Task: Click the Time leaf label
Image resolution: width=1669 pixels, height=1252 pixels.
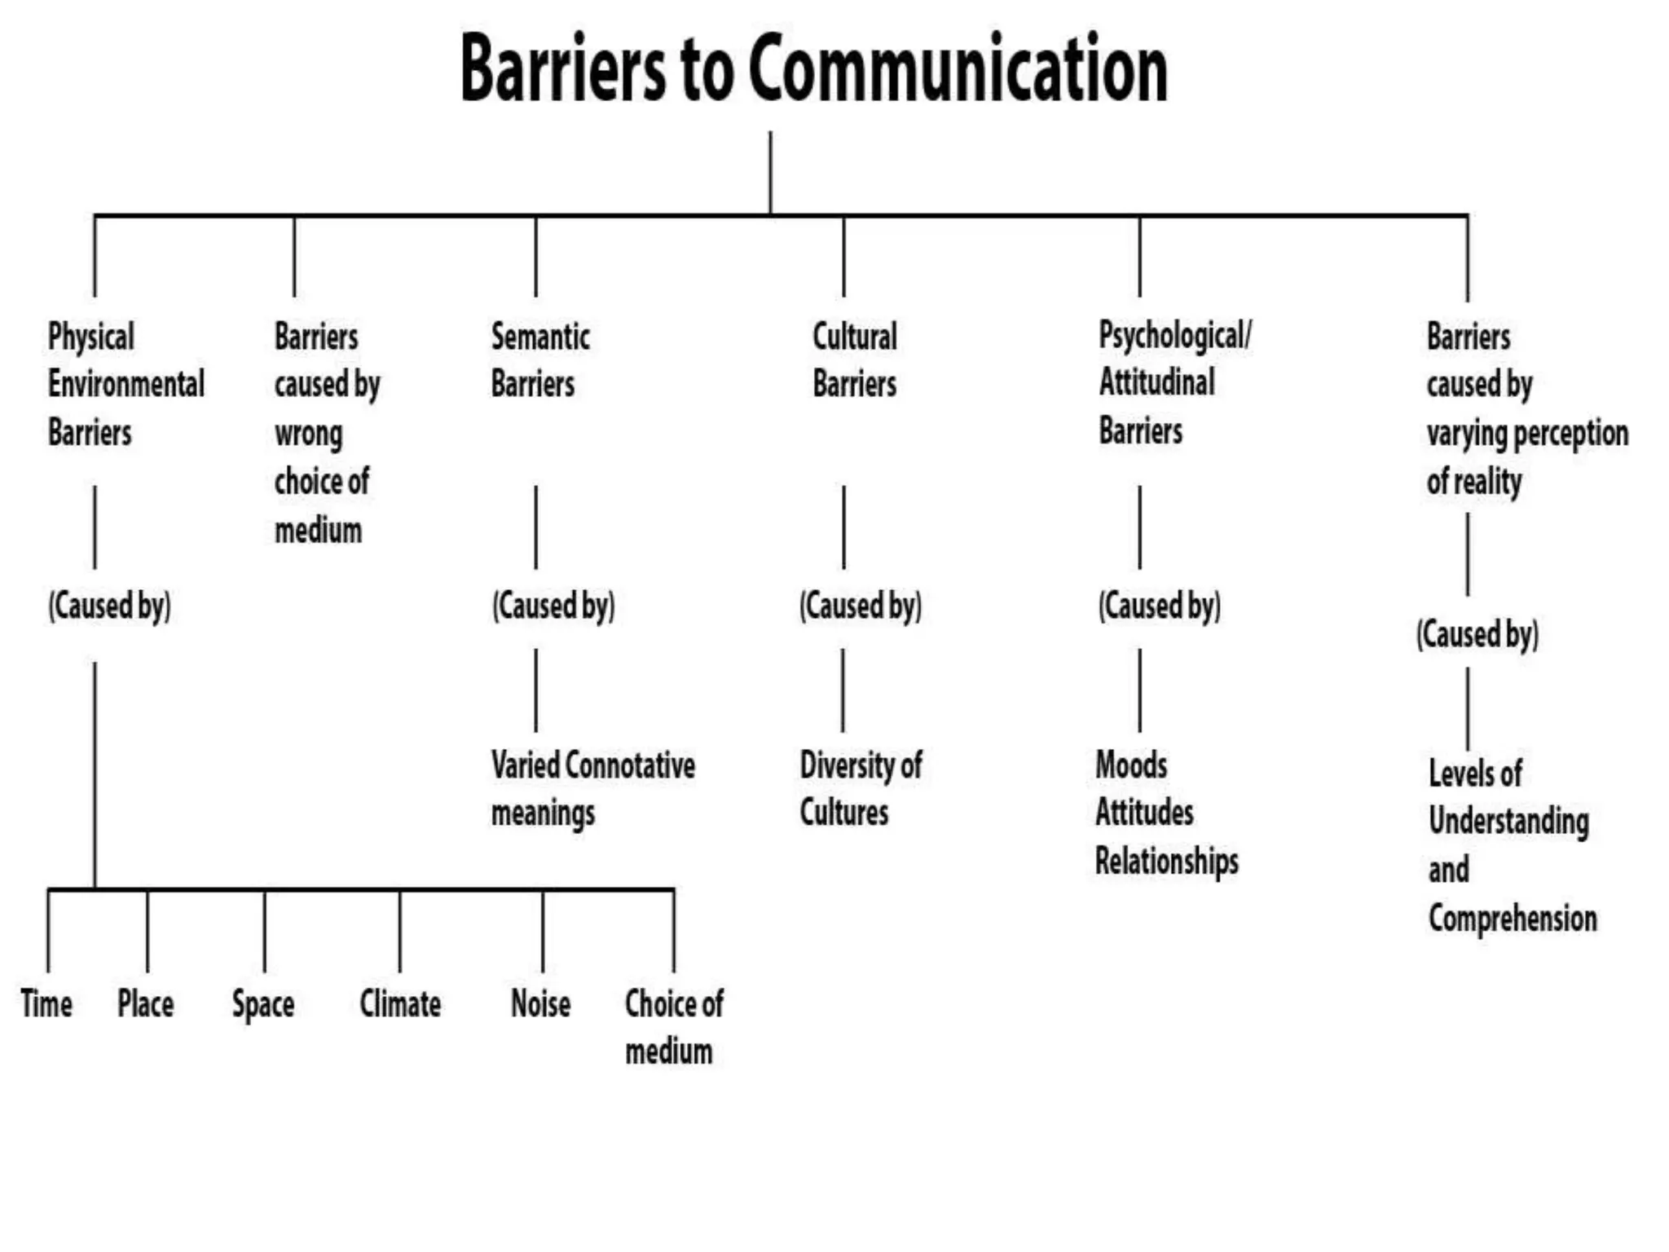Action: coord(46,1003)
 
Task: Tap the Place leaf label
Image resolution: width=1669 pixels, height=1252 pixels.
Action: coord(145,1003)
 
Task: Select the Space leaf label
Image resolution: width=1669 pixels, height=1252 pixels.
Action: coord(262,1004)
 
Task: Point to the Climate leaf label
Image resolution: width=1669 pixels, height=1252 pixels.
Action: coord(400,1003)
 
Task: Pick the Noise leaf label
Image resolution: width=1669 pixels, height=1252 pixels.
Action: coord(540,1003)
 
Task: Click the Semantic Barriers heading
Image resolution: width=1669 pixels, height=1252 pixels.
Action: coord(539,359)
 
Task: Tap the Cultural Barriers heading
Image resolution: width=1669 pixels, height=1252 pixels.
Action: coord(854,359)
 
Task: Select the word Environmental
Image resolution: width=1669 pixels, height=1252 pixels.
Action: coord(126,384)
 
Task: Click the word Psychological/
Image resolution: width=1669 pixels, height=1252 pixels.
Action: coord(1174,336)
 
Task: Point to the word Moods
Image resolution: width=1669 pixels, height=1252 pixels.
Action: coord(1131,765)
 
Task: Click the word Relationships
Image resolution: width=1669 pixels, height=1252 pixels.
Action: coord(1166,861)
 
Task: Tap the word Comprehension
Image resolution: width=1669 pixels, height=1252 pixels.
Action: coord(1512,919)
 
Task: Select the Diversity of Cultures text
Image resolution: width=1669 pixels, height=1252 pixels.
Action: coord(860,788)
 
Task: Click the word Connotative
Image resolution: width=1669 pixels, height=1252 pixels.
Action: coord(629,765)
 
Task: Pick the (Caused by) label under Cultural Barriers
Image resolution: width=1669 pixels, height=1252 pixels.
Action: coord(860,606)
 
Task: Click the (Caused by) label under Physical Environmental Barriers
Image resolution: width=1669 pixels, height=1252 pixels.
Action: coord(109,606)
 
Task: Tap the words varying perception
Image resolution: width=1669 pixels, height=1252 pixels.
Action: coord(1527,433)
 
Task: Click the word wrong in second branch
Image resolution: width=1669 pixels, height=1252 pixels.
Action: coord(308,433)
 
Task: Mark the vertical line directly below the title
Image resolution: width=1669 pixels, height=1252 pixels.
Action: coord(770,173)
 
